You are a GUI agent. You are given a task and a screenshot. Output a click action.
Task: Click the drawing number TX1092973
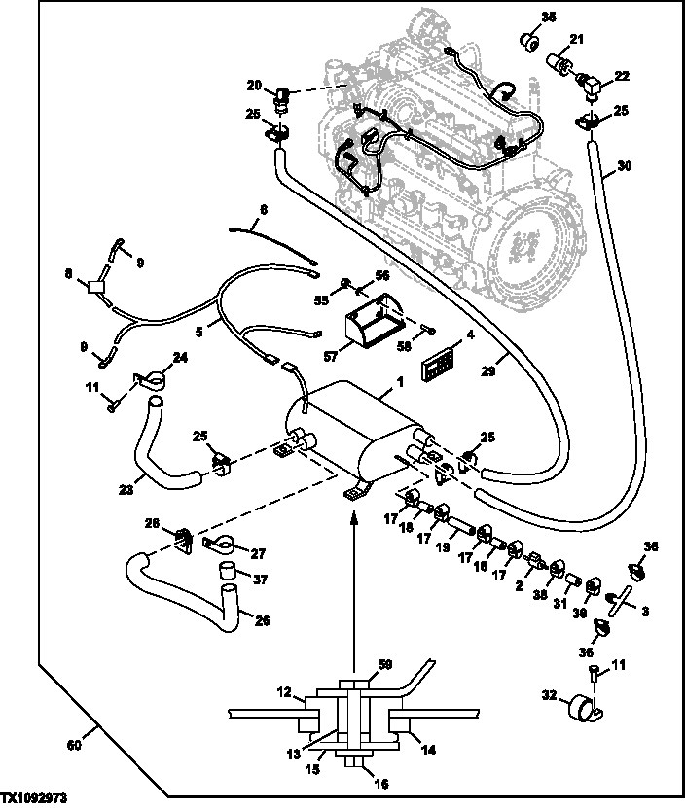[36, 797]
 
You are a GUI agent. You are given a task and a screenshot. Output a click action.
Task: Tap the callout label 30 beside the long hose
[624, 166]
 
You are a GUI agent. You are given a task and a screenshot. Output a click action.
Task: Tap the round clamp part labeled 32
[584, 707]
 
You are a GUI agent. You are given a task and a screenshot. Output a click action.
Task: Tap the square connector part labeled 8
[95, 287]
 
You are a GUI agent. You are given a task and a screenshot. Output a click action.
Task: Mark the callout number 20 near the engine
[255, 85]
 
